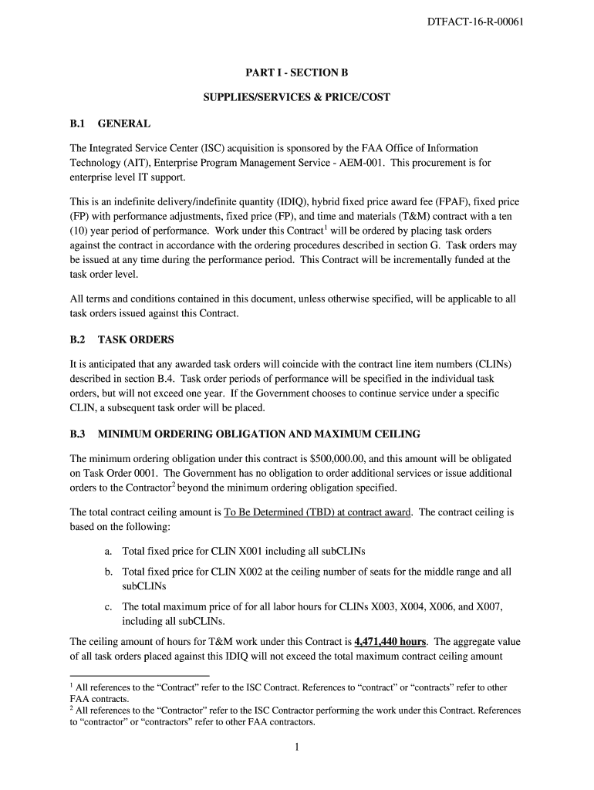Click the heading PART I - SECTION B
(x=297, y=73)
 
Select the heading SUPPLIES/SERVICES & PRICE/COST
(x=297, y=97)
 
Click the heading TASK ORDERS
(x=136, y=339)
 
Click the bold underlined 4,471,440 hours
(x=391, y=641)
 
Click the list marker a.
(x=108, y=552)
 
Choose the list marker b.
(x=108, y=572)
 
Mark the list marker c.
(x=108, y=606)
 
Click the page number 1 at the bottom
(x=297, y=747)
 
